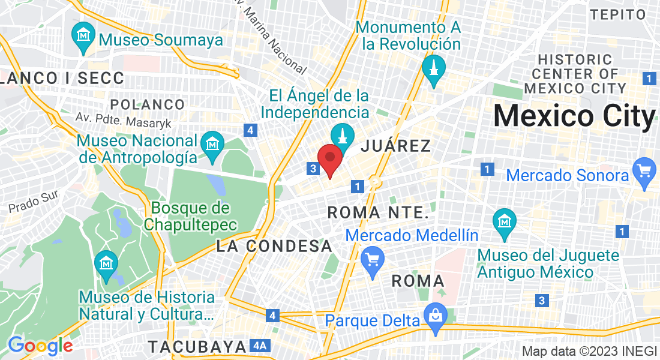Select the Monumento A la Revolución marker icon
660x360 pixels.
(x=433, y=68)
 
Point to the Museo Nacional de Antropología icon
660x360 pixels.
(x=212, y=145)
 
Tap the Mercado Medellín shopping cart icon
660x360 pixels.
(x=374, y=260)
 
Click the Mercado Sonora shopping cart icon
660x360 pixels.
(x=644, y=170)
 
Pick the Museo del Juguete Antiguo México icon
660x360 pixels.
(x=504, y=221)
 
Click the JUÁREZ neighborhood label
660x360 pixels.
(x=396, y=146)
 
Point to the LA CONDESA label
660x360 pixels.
(x=274, y=246)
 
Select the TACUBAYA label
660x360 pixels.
(x=198, y=347)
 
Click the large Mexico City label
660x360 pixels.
(x=574, y=116)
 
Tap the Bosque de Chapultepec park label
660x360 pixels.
(x=191, y=217)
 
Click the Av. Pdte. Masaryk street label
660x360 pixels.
(x=124, y=118)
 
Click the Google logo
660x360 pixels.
(x=41, y=346)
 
